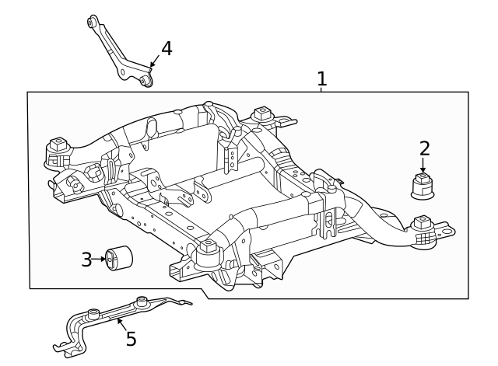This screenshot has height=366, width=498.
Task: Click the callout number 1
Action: [321, 78]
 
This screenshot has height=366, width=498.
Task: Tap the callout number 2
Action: [424, 148]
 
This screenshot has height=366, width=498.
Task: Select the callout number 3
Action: [86, 260]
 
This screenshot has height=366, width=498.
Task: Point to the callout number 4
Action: [166, 49]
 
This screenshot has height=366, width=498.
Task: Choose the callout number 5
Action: [131, 339]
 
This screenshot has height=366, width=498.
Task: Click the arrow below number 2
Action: [423, 166]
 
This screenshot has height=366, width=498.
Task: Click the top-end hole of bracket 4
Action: [93, 23]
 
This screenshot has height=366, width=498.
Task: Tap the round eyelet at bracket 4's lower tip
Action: [146, 80]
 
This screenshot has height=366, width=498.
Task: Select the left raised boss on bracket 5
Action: [93, 313]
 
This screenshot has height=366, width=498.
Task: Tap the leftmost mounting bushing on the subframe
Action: [57, 148]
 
